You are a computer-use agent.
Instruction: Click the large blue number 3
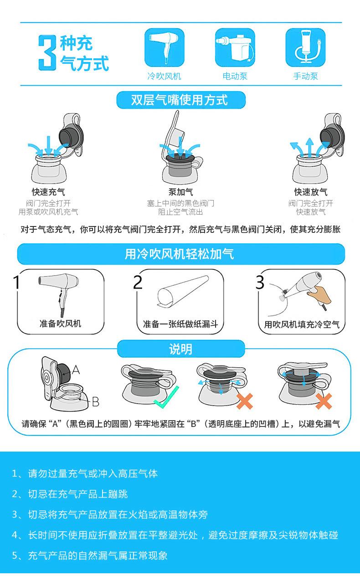pos(47,53)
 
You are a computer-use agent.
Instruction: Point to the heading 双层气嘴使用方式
pos(180,100)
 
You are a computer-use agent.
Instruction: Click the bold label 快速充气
pos(48,192)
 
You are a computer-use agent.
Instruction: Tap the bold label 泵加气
pos(181,192)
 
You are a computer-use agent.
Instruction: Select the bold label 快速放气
pos(311,192)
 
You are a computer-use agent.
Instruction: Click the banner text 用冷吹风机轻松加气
pos(180,254)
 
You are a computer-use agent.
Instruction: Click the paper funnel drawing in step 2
pos(183,291)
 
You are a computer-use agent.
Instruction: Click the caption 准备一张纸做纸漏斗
pos(180,324)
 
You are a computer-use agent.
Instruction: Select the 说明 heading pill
pos(181,349)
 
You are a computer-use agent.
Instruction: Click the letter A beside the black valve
pos(76,370)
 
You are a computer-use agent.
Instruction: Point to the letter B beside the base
pos(96,402)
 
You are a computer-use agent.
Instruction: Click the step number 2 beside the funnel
pos(138,282)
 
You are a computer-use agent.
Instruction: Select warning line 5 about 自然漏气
pos(90,555)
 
